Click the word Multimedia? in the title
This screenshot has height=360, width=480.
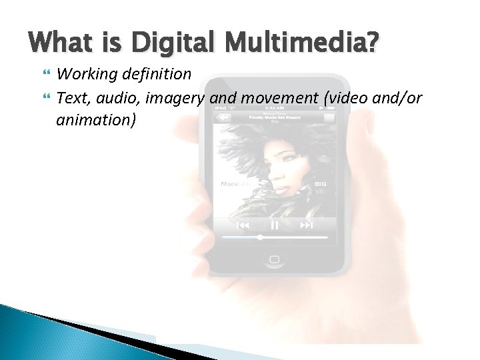tap(301, 45)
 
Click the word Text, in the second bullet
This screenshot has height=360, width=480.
tap(73, 99)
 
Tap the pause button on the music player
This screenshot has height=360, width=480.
tap(275, 226)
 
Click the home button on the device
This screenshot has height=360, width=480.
tap(274, 259)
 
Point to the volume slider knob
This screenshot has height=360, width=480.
tap(260, 237)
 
